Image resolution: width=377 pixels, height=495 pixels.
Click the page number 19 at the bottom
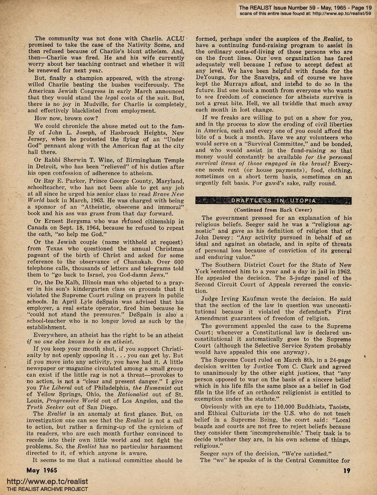tap(347, 470)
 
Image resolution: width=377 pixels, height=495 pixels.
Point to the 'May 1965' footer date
tap(44, 470)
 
